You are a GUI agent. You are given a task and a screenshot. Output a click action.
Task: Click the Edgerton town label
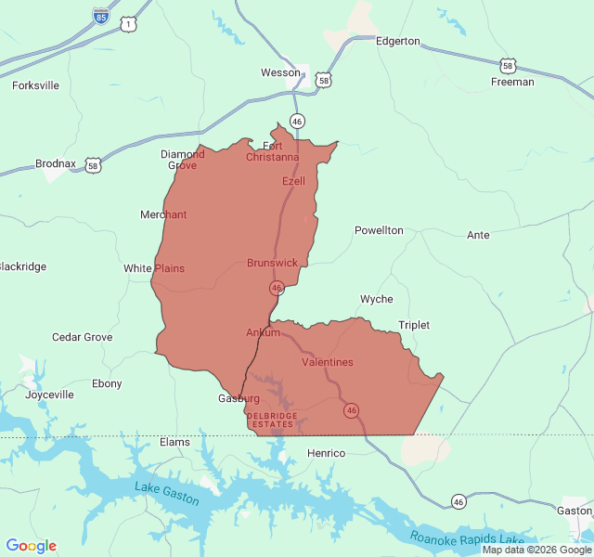(397, 42)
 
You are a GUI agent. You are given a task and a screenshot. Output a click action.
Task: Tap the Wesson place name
(280, 72)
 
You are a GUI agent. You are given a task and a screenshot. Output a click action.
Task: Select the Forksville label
(35, 85)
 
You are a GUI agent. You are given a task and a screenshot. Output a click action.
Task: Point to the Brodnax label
(56, 163)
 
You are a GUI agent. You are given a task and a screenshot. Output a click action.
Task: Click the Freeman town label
(512, 82)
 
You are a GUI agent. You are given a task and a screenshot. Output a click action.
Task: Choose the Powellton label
(379, 230)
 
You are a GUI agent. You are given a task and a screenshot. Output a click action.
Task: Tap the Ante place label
(478, 235)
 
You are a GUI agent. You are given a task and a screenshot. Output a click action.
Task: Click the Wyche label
(376, 299)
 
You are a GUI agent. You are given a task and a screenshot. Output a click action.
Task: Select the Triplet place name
(414, 325)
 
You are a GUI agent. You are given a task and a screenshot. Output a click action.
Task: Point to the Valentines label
(327, 362)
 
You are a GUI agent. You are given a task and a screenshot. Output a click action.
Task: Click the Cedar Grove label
(82, 337)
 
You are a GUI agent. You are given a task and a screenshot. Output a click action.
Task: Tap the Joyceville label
(49, 395)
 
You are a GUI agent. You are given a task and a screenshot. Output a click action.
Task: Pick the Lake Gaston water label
(167, 493)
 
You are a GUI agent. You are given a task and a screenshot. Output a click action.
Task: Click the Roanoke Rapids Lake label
(468, 538)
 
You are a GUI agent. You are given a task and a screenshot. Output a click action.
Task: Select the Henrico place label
(326, 453)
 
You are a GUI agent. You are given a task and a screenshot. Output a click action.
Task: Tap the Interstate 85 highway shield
(100, 16)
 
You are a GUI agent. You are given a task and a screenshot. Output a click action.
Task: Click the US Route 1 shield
(127, 25)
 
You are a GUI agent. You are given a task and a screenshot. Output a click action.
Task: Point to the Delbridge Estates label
(272, 420)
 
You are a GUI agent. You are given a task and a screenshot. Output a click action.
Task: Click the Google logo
(31, 546)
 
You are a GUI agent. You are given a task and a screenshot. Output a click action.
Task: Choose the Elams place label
(174, 442)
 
